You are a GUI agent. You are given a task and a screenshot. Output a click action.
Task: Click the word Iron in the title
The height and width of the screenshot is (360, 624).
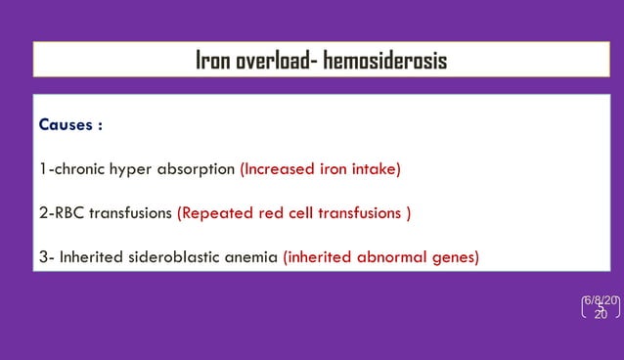(214, 61)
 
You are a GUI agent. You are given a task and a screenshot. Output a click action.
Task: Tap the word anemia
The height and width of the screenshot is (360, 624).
(251, 258)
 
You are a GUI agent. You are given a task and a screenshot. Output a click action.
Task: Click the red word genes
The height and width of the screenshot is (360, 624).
(457, 258)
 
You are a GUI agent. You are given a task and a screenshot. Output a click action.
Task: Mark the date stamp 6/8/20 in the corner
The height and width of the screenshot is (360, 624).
(602, 300)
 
